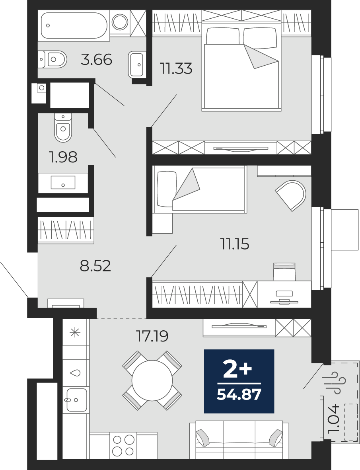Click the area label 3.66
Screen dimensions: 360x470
[96, 59]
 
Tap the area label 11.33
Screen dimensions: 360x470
[176, 68]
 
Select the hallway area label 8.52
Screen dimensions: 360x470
[95, 265]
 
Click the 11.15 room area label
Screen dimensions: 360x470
[235, 244]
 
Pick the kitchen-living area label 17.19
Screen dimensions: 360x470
[152, 336]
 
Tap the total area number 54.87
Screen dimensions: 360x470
[239, 394]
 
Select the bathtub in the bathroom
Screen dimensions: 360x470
[74, 25]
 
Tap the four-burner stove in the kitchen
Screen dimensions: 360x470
[123, 445]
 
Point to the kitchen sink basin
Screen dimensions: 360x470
[77, 400]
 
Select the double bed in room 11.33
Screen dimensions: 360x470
[242, 68]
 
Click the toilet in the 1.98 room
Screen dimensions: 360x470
[63, 128]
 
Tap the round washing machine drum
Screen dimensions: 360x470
[120, 21]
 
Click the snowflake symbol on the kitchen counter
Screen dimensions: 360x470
[74, 332]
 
